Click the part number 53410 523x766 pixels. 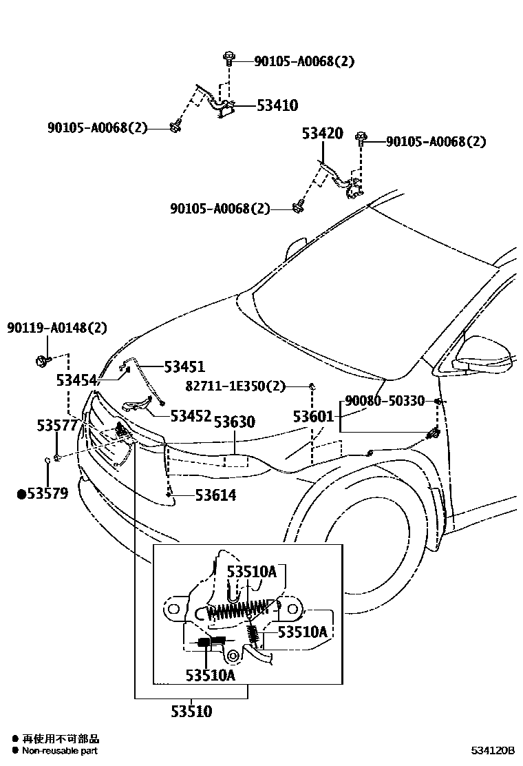click(x=277, y=105)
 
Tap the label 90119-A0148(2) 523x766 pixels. click(x=58, y=328)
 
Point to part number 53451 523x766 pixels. click(x=184, y=366)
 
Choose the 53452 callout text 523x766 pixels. click(x=191, y=415)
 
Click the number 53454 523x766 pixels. click(x=77, y=380)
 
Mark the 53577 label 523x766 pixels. click(x=57, y=426)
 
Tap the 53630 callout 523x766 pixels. click(x=234, y=422)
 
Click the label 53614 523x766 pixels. click(x=215, y=495)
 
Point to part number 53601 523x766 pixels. click(x=313, y=416)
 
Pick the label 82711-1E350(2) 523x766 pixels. click(x=235, y=386)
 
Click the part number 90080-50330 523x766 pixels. click(x=384, y=401)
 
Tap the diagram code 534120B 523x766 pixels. click(x=493, y=749)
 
